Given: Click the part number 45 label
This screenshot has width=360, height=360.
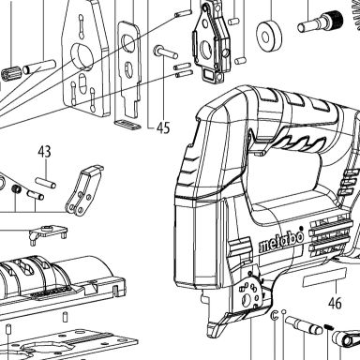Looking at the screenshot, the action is coord(163,127).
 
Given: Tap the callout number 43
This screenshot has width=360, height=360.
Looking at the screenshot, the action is coord(44,151).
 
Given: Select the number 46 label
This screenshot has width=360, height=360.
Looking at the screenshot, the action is coord(335,303).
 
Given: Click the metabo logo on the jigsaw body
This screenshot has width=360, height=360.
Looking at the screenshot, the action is coord(281,242).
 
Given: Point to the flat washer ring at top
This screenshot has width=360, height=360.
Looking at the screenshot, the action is coord(269,37).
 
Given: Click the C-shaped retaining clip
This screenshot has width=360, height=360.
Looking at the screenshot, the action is coord(275,314).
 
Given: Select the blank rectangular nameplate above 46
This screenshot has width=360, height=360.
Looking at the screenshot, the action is coord(325,278).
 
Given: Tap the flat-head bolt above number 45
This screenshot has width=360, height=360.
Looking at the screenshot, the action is coord(165,52).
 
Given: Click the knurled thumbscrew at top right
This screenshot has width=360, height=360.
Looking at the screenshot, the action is coord(321,21).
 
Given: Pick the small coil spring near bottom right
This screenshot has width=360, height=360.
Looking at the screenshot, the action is coord(328,327).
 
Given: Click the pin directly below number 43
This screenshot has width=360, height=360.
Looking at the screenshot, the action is coord(46,183).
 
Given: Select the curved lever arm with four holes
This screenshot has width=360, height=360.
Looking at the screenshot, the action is coord(83,191).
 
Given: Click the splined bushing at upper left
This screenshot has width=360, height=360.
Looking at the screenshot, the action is coord(10,74).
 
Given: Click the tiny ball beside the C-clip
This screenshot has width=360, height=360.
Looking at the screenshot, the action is coord(284,311).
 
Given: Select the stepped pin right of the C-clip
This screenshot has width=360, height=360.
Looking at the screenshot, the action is coord(305,325).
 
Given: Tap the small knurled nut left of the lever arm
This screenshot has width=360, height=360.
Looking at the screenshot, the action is coord(16,188).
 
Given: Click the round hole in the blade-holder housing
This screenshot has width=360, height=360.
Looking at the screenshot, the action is coord(205,50).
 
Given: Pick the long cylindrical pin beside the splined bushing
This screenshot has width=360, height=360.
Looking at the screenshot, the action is coord(40,67).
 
